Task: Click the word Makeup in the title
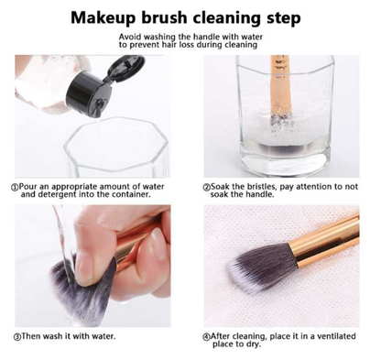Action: [106, 17]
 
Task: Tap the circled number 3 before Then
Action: [16, 337]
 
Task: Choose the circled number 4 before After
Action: [207, 337]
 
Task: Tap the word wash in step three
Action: [56, 337]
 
